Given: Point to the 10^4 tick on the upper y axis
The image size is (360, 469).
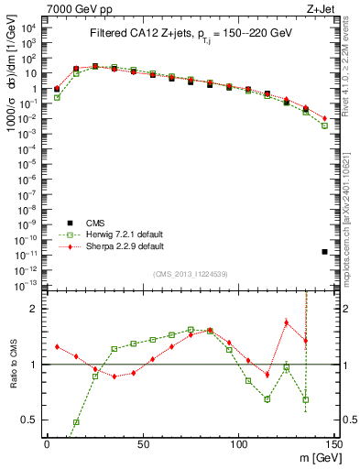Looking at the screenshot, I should [29, 27].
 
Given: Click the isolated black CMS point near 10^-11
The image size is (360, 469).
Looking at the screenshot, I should [325, 251].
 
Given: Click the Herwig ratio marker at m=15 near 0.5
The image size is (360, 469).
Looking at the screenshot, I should [76, 422].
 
